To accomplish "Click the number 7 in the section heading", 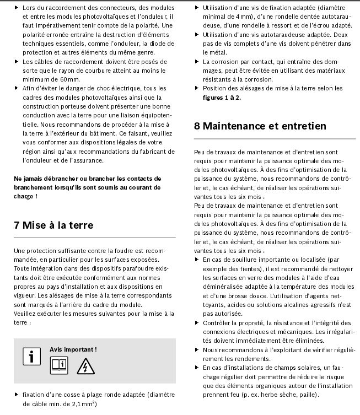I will (18, 225).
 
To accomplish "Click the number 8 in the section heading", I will (197, 126).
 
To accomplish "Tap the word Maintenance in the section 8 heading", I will (234, 126).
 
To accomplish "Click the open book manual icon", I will (59, 365).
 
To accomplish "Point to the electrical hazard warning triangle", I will (85, 365).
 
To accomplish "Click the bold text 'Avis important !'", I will (73, 349).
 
